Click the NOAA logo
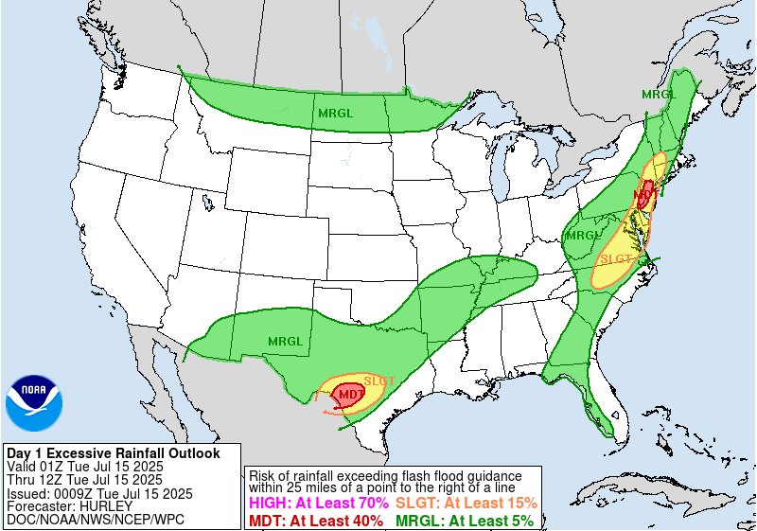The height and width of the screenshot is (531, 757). tap(34, 403)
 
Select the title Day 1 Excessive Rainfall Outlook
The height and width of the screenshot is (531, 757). tap(113, 453)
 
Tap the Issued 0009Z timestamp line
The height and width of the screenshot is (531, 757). tap(99, 493)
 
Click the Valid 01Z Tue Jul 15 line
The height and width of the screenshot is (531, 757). tap(85, 467)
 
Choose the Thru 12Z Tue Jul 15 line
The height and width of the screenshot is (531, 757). tap(85, 480)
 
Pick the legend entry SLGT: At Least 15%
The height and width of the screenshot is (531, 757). tap(466, 503)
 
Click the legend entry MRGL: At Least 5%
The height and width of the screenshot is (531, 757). tap(464, 520)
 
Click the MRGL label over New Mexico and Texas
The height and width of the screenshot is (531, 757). tap(285, 341)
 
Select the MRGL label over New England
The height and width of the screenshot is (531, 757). tap(659, 94)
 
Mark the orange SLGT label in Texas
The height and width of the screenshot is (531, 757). tap(379, 380)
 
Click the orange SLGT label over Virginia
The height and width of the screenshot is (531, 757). tap(617, 258)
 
